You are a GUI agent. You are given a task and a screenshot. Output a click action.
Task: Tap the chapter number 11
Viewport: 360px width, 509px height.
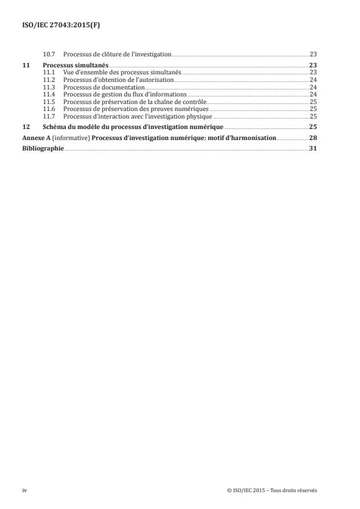(26, 65)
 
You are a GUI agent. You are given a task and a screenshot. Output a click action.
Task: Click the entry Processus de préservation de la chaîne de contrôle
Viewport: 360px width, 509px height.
(134, 101)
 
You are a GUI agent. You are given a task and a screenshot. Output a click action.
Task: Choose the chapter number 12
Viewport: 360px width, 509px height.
(26, 126)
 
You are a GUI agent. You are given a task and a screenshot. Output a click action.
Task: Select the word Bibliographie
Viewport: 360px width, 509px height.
(43, 149)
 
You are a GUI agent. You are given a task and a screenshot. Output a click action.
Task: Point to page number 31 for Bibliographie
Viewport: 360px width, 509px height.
(312, 149)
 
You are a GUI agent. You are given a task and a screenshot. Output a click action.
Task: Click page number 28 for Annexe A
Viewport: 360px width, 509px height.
(312, 138)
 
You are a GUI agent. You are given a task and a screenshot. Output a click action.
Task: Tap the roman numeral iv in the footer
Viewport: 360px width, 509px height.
(24, 490)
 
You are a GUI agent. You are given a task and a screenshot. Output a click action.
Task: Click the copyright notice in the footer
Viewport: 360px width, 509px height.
(273, 490)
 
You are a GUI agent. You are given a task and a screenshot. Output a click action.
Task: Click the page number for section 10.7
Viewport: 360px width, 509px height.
(312, 54)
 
